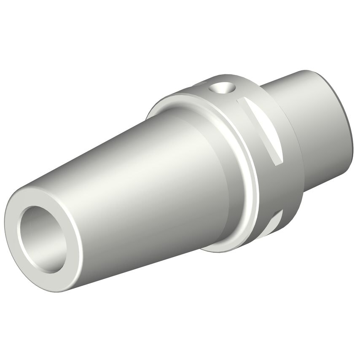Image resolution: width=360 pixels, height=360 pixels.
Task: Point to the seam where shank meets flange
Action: point(295,126)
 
